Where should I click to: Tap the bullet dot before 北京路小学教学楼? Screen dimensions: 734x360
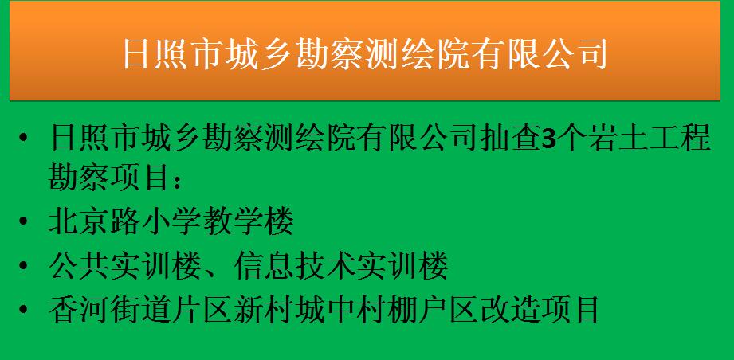coord(23,221)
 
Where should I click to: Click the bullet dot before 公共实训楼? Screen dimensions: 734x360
coord(23,265)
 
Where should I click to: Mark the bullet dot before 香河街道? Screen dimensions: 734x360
coord(23,309)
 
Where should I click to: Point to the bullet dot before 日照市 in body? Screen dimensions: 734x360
coord(23,139)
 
